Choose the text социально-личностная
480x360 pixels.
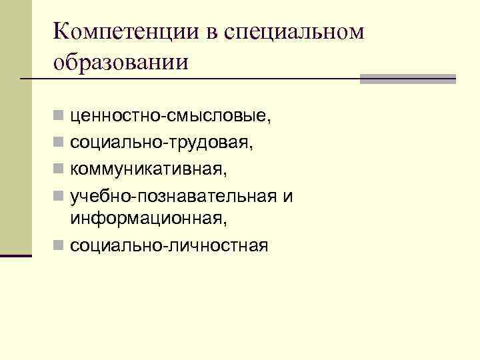[x=169, y=245]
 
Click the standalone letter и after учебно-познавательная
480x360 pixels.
[x=288, y=197]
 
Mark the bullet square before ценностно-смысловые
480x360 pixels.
[x=59, y=118]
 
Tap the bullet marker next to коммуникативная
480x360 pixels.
[x=59, y=167]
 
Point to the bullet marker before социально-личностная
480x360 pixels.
[x=59, y=246]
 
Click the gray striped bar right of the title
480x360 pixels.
[x=407, y=79]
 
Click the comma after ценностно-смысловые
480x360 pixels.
[x=270, y=121]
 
